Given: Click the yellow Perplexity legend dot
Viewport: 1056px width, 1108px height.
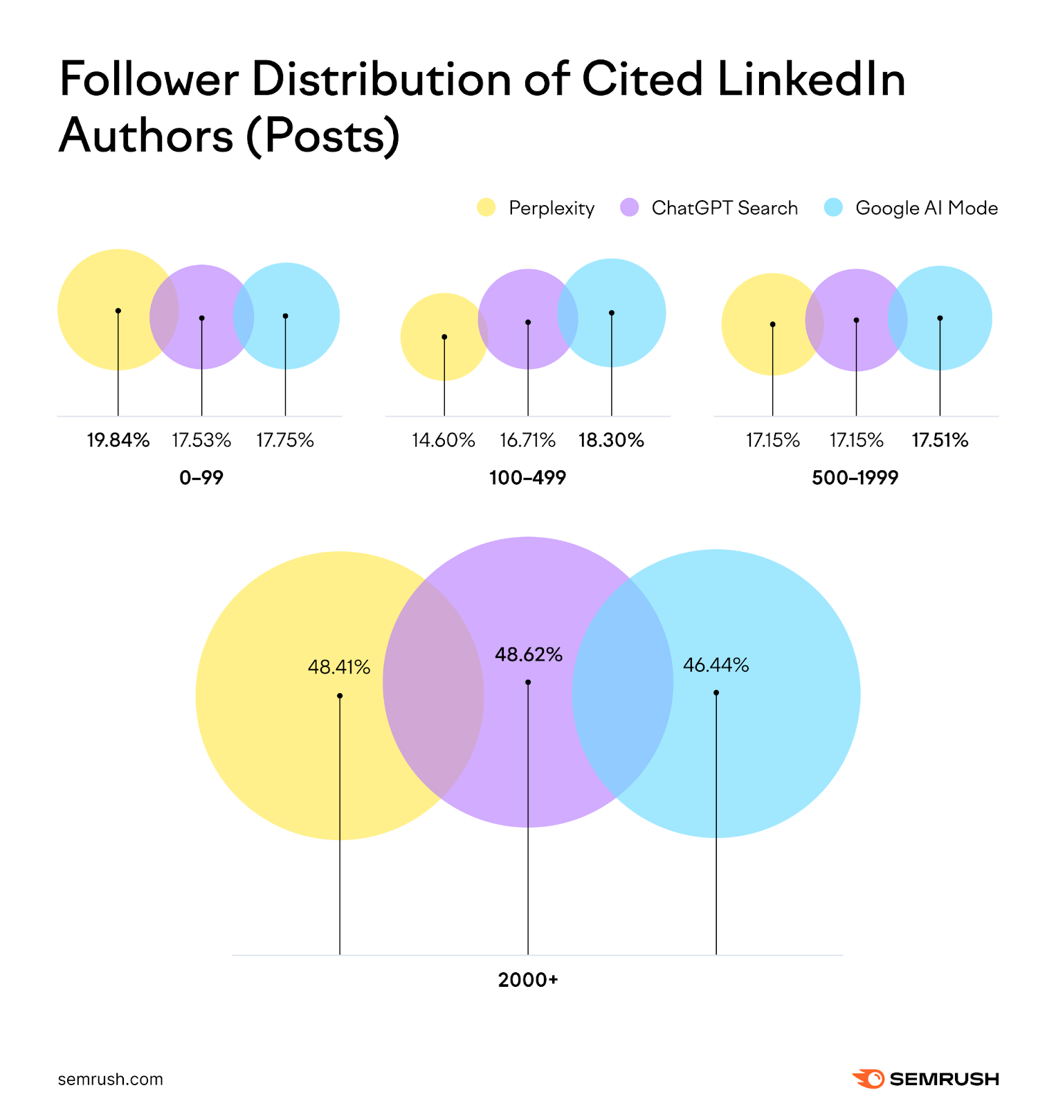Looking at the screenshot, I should point(486,208).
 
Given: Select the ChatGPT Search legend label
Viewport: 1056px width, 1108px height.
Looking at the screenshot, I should point(724,208).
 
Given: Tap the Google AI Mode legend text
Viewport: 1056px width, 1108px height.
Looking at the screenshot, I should point(926,208).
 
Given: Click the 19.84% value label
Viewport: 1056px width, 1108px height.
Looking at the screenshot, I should point(118,440).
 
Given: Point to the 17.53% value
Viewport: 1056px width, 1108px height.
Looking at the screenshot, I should point(201,440).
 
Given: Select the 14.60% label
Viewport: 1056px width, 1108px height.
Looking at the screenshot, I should point(444,440).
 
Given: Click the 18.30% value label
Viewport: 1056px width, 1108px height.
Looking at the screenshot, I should point(611,440).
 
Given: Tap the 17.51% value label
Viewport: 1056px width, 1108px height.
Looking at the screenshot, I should point(940,440).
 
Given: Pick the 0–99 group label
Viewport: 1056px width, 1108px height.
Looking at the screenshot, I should point(201,478).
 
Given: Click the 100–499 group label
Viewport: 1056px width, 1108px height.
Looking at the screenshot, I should point(527,478).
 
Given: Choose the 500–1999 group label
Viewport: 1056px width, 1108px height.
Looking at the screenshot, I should point(855,478).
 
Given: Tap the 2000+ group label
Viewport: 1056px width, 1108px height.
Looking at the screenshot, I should point(528,980).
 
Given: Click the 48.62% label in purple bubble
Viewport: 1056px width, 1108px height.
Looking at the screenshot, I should point(529,654).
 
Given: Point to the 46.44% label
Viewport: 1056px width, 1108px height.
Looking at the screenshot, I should point(716,665).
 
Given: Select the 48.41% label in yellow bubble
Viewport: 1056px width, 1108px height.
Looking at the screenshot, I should point(339,667).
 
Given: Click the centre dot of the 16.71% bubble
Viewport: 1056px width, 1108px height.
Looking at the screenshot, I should point(528,322).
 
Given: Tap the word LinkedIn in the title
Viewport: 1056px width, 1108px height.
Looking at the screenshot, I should point(811,79).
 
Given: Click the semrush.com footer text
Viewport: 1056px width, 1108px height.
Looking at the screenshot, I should point(111,1079).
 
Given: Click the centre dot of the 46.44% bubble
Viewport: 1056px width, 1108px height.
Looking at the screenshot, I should point(716,692).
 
